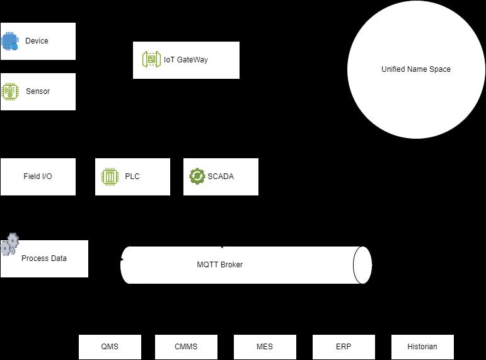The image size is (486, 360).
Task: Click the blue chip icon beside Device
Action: [x=10, y=42]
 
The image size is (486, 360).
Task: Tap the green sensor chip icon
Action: [x=10, y=91]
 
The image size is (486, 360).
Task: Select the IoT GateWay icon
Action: [x=151, y=60]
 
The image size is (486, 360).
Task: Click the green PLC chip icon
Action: [x=110, y=177]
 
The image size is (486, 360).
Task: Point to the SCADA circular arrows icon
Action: [x=197, y=176]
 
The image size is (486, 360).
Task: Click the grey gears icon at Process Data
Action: [x=9, y=244]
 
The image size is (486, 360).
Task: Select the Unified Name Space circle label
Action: [x=416, y=69]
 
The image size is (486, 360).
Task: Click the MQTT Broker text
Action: [x=219, y=265]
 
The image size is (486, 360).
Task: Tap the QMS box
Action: [x=110, y=347]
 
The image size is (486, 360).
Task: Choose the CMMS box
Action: [x=186, y=347]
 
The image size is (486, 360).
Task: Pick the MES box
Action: [x=265, y=347]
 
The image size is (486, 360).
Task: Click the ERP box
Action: [x=344, y=347]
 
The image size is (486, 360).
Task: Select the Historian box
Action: [x=422, y=347]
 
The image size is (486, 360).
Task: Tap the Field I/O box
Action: [x=38, y=177]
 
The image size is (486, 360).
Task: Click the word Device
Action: [x=37, y=41]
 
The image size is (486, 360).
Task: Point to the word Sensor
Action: [x=38, y=91]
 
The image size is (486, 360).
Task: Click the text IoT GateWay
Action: [x=186, y=60]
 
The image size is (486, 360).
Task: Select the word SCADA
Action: [x=221, y=177]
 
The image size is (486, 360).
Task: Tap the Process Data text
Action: [x=44, y=258]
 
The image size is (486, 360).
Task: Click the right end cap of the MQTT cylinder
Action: [x=362, y=265]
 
